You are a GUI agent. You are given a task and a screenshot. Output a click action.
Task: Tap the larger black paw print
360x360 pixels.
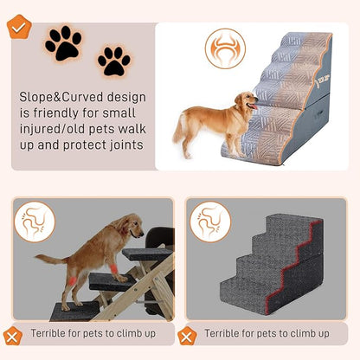[63, 43]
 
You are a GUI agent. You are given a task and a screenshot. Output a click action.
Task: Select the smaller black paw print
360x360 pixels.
[113, 61]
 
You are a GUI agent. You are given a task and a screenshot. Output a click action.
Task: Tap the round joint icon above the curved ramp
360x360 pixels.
[225, 48]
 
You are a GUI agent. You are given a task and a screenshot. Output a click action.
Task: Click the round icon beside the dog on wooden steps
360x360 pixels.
[35, 221]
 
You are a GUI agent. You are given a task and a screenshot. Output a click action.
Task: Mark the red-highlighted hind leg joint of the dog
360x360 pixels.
[72, 279]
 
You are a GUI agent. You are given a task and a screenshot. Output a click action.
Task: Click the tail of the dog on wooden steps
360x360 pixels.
[48, 259]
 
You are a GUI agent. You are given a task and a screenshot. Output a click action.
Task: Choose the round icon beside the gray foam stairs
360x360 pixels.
[210, 221]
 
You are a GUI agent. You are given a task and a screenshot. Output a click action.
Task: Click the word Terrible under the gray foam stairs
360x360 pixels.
[227, 333]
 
